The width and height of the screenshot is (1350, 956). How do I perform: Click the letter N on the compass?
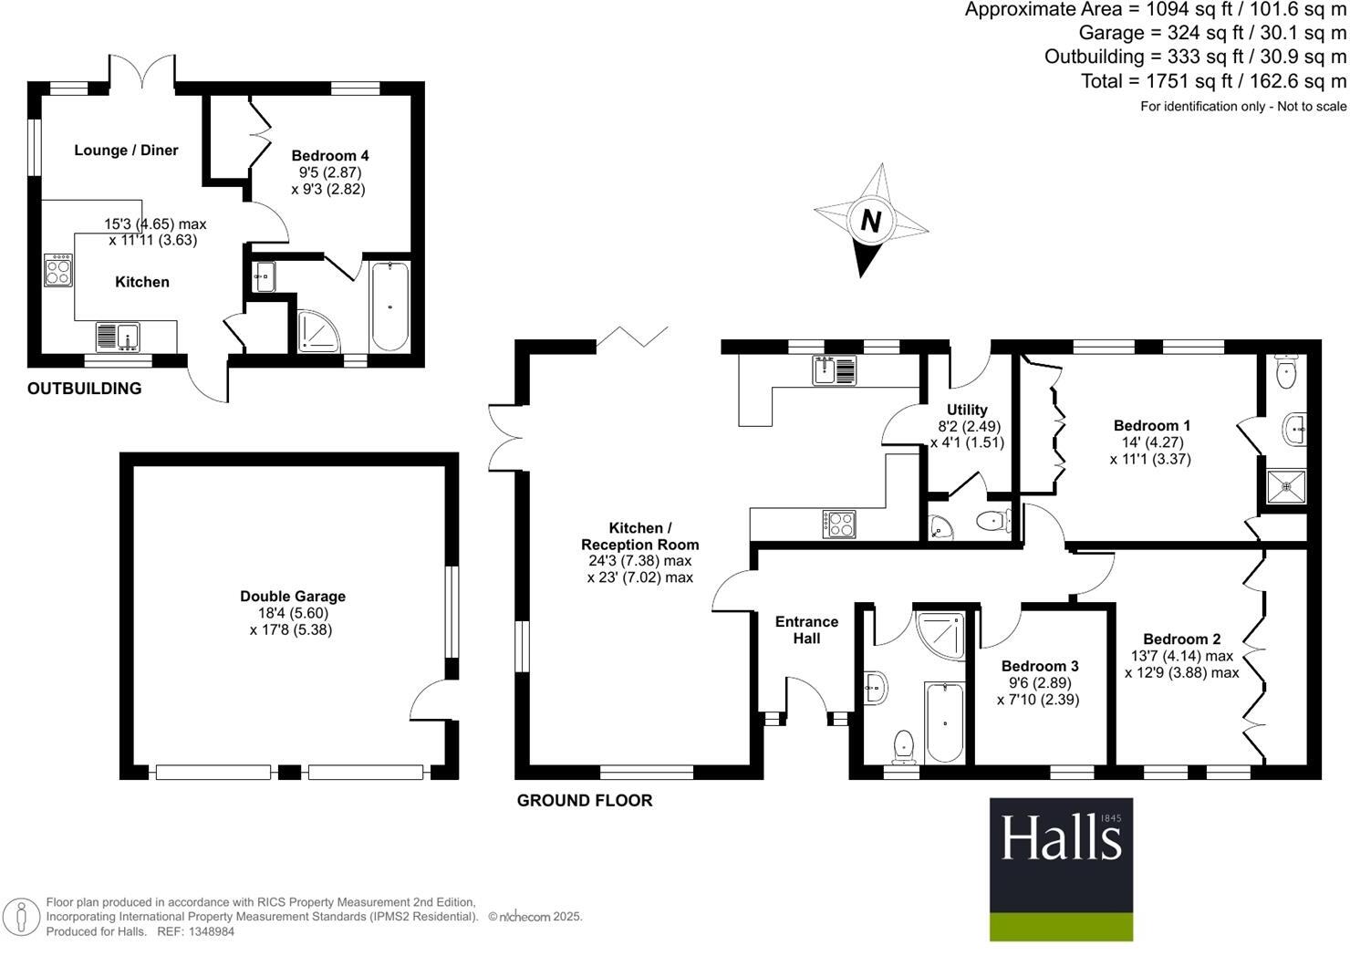871,221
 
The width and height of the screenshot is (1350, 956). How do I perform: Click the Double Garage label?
293,597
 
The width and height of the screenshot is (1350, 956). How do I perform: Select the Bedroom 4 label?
330,156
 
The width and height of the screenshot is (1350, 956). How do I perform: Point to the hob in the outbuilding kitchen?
58,270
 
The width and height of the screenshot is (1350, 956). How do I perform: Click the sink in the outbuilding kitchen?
117,337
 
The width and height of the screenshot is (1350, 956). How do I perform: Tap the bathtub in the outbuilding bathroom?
389,306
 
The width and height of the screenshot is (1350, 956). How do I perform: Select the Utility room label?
967,410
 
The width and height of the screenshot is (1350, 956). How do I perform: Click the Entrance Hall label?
806,629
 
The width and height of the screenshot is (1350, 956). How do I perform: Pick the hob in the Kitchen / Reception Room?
839,524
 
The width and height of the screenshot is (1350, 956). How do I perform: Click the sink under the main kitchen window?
836,369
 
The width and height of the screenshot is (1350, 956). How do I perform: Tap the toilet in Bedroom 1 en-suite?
1287,372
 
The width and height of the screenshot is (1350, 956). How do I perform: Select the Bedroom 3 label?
1040,666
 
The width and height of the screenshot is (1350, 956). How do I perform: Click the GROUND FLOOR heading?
585,801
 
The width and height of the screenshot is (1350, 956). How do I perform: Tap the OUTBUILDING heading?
84,389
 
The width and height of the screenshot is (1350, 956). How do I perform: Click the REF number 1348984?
210,932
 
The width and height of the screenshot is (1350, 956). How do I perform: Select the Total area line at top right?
1213,81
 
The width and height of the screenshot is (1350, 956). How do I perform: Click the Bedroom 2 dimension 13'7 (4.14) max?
1182,656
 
